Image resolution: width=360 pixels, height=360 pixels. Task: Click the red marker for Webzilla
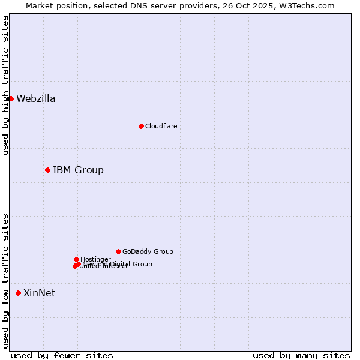point(11,98)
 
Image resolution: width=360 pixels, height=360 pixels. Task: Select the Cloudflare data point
point(141,126)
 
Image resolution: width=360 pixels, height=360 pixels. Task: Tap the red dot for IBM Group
point(47,170)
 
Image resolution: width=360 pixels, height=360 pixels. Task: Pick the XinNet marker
point(18,293)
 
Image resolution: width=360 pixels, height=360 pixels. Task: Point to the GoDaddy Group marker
point(118,251)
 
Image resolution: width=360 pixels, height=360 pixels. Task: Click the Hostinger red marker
point(76,259)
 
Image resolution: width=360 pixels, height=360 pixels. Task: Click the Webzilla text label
point(36,99)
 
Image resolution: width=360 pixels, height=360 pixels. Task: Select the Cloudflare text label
point(161,126)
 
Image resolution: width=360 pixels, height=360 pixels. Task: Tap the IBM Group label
point(78,170)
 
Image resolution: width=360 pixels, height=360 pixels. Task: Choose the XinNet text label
point(39,293)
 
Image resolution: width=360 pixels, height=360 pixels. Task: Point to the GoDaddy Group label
point(148,252)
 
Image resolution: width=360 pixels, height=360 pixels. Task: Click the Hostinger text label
point(95,259)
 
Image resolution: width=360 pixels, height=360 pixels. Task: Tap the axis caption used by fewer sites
point(62,355)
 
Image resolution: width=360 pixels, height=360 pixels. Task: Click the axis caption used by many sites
point(301,355)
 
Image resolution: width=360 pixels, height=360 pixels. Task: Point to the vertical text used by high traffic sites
point(5,85)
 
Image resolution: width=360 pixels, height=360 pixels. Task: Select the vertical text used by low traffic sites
point(5,281)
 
